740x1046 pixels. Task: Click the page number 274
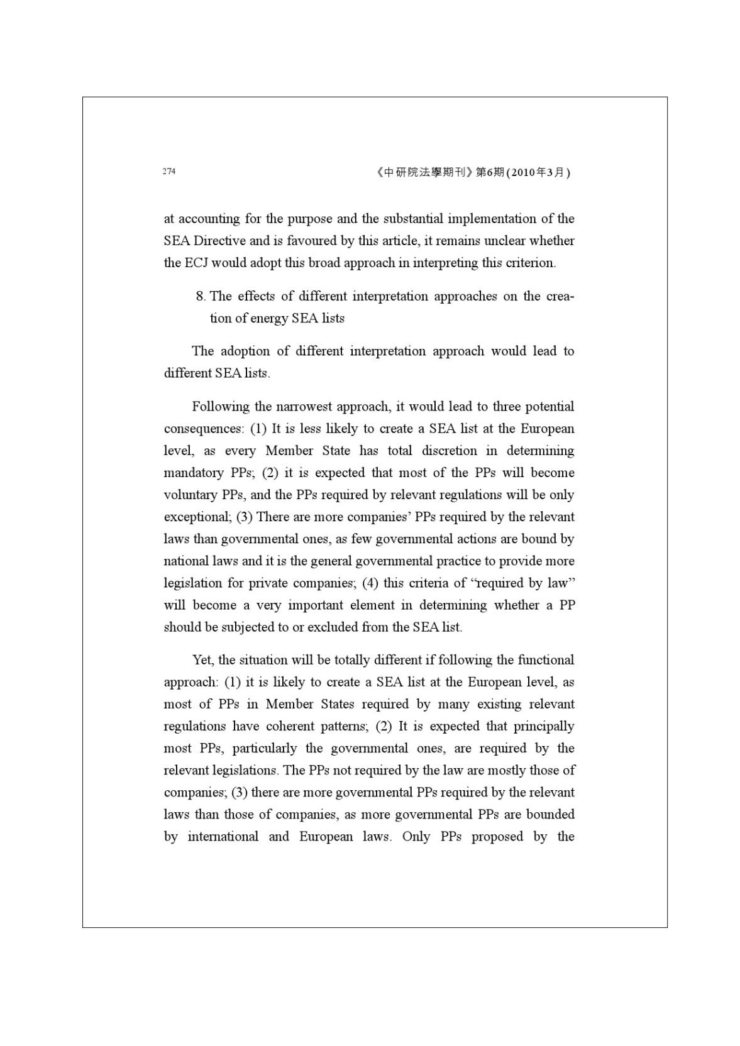pos(168,172)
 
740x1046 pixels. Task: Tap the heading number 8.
pos(201,296)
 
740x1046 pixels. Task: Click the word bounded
pos(550,814)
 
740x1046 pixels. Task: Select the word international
pos(223,836)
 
